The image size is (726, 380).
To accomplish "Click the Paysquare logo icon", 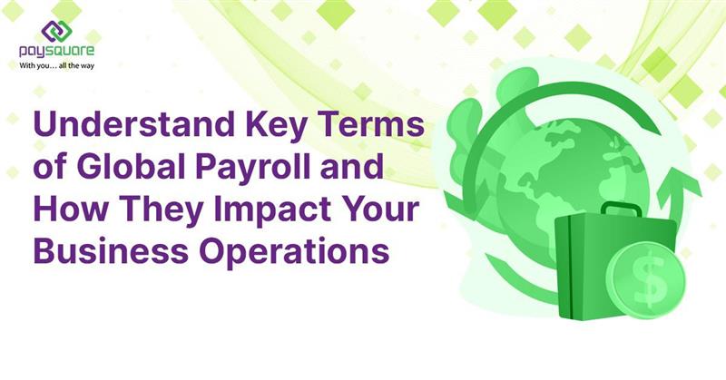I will [x=56, y=32].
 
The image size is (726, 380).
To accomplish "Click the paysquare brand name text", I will [x=56, y=53].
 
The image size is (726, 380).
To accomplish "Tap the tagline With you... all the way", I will [x=56, y=65].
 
